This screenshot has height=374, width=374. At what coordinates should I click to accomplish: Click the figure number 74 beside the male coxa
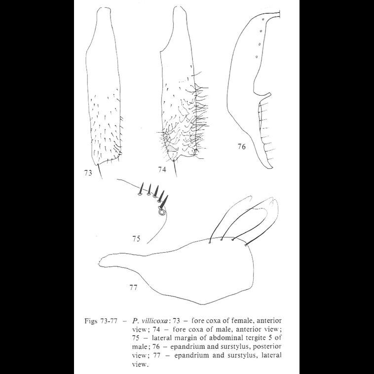coord(162,170)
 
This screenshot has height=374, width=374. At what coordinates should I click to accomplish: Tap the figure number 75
coord(136,239)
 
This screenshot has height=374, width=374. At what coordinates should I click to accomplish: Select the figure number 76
coord(241,146)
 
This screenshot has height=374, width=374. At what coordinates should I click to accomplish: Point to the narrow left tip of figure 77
coord(101,260)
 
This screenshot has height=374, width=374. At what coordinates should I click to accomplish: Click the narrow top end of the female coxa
coord(103,10)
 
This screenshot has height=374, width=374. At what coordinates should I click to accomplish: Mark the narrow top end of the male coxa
coord(181,10)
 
